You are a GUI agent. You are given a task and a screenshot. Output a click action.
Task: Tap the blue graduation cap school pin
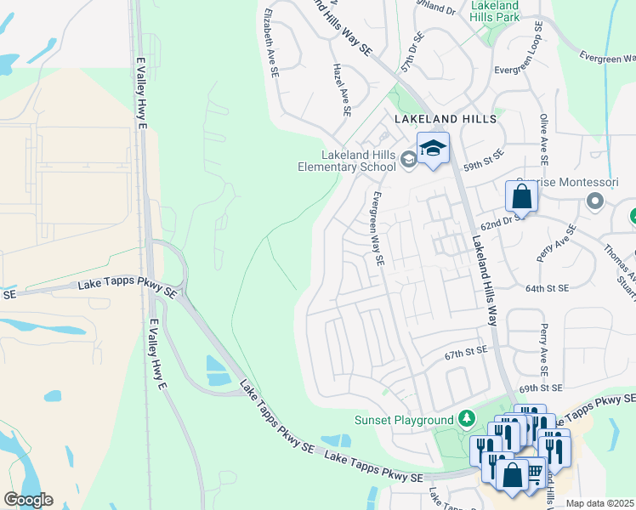click(x=433, y=149)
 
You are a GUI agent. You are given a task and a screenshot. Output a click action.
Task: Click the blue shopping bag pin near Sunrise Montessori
click(x=521, y=196)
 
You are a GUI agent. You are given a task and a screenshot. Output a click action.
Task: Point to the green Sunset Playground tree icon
click(x=465, y=419)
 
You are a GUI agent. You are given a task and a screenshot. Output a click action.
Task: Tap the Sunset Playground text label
click(x=404, y=420)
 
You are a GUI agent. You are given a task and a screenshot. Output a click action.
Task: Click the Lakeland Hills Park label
click(x=494, y=10)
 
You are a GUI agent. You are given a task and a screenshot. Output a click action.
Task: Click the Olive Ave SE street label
click(x=542, y=140)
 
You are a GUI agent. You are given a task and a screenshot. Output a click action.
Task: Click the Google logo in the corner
click(x=28, y=500)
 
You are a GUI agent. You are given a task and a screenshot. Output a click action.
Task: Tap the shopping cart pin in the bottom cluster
click(x=535, y=471)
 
